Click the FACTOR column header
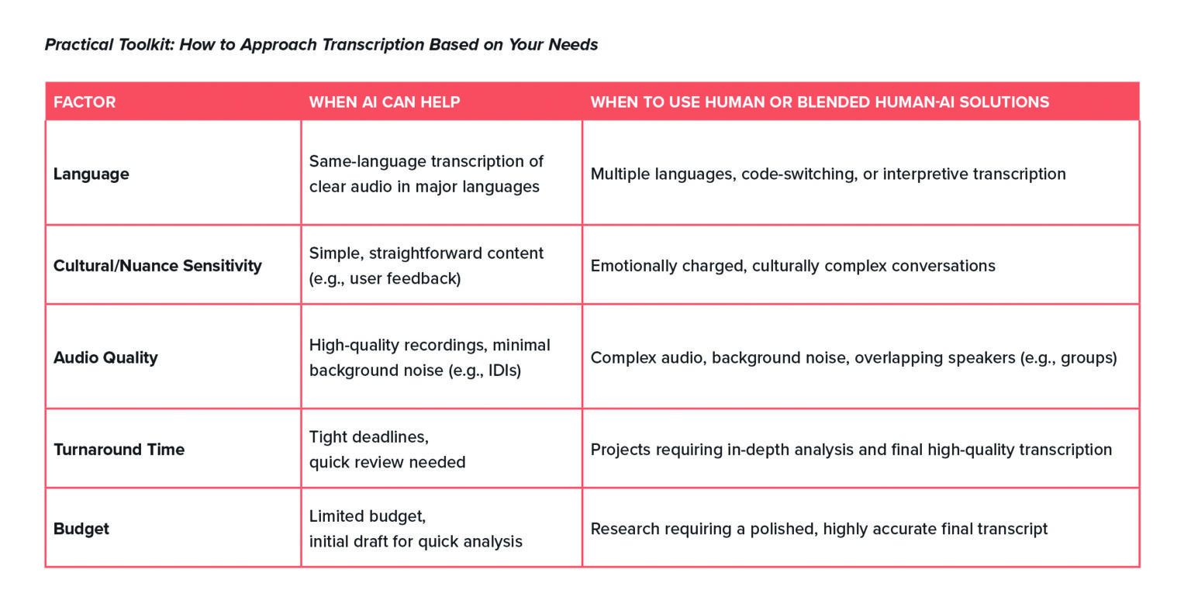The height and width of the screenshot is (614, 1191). [x=85, y=102]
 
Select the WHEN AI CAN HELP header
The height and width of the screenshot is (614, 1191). [x=385, y=102]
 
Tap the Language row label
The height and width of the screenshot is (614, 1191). [x=91, y=174]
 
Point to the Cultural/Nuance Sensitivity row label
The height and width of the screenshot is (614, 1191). [x=157, y=266]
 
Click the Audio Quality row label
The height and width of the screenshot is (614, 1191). [x=105, y=357]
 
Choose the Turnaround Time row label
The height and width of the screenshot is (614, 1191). [x=119, y=450]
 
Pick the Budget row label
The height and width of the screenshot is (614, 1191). [x=81, y=529]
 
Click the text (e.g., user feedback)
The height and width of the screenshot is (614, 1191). [x=385, y=278]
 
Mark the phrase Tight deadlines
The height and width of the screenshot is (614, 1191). [x=368, y=437]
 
